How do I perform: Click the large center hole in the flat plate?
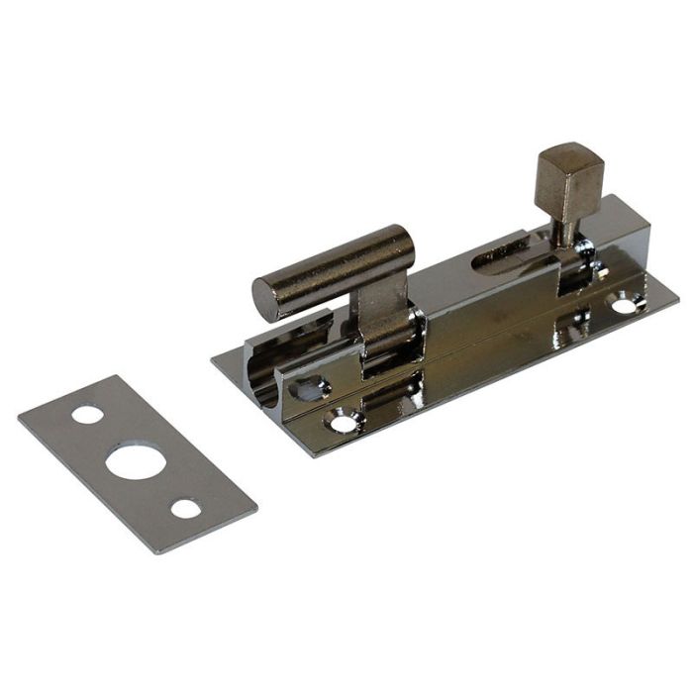135,462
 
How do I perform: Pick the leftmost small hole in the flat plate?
87,414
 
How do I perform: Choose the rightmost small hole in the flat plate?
185,509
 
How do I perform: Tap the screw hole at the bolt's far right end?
625,305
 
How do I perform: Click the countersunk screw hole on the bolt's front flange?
343,423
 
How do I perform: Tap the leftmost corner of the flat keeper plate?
19,417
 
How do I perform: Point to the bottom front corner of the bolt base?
316,456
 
